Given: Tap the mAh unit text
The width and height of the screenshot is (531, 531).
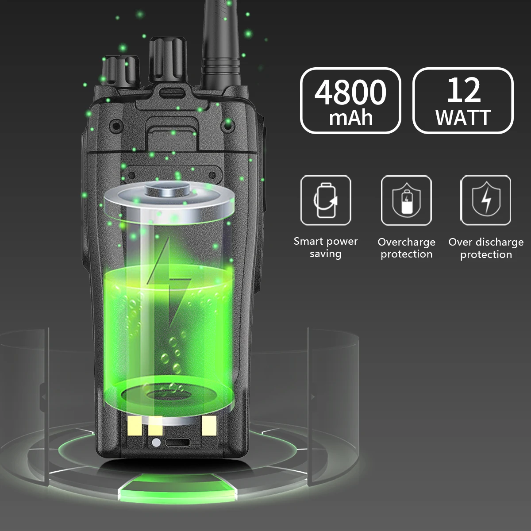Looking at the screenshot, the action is pyautogui.click(x=351, y=118).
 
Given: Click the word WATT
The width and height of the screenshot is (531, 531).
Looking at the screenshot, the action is pyautogui.click(x=463, y=118).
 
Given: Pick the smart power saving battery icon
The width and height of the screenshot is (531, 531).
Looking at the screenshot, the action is pyautogui.click(x=326, y=200).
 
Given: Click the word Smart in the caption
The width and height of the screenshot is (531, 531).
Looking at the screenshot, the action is pyautogui.click(x=309, y=242).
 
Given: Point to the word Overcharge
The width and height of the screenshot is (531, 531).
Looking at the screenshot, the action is pyautogui.click(x=407, y=242).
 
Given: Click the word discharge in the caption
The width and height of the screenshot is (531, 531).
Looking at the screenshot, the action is pyautogui.click(x=500, y=242).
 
